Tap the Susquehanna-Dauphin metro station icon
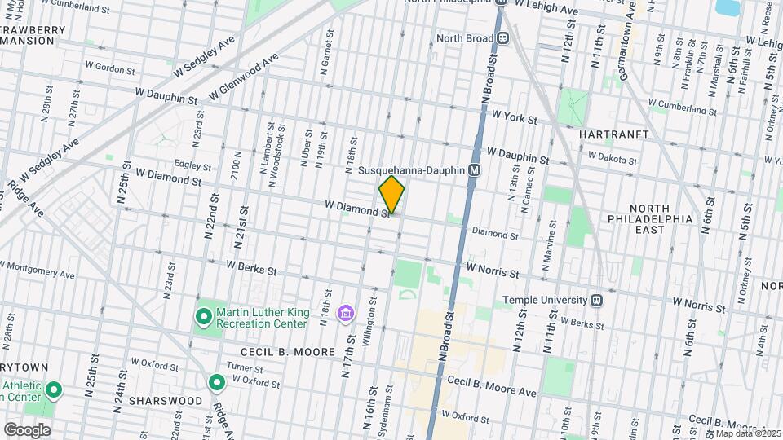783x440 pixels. [473, 170]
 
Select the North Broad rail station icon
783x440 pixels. [503, 37]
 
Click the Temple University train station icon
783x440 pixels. [597, 300]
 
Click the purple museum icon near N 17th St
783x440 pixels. [347, 314]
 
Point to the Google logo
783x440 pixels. [27, 429]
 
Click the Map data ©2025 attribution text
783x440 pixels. [746, 433]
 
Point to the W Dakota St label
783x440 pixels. [611, 155]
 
